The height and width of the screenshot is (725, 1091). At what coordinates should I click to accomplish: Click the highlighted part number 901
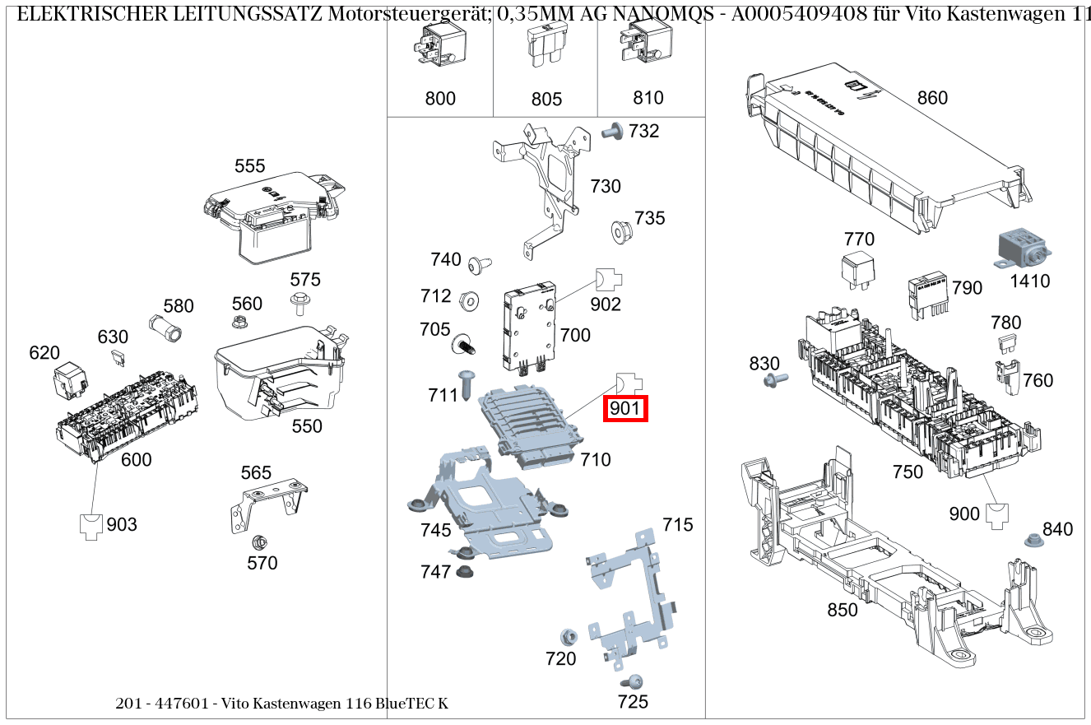tap(626, 408)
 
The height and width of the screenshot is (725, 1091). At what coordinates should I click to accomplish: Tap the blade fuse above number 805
tap(545, 49)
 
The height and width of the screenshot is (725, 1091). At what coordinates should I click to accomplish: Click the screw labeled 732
tap(613, 131)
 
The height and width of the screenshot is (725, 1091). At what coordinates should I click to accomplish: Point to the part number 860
tap(932, 98)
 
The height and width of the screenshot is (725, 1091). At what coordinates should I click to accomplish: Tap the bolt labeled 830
tap(774, 379)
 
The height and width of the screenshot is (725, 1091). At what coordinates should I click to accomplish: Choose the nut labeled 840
tap(1031, 541)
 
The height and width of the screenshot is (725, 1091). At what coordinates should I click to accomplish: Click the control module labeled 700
tap(527, 328)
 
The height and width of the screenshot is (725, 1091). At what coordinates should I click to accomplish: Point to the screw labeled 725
tap(633, 681)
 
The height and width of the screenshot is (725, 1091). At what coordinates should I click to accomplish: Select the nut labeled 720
tap(567, 637)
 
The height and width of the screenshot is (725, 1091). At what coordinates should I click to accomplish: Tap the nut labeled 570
tap(258, 542)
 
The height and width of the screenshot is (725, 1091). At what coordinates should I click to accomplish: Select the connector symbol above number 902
tap(606, 279)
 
